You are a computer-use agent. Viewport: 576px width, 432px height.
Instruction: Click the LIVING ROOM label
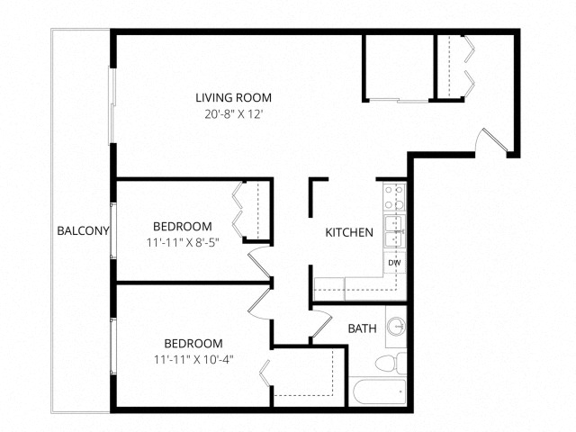point(234,98)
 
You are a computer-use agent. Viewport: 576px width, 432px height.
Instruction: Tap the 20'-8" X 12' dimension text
point(234,114)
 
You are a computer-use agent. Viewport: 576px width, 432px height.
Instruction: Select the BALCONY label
point(83,230)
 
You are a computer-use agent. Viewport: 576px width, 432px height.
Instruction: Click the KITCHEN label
point(349,232)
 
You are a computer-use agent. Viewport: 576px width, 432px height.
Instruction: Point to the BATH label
point(362,328)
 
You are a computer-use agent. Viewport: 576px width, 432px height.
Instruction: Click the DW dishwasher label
point(394,263)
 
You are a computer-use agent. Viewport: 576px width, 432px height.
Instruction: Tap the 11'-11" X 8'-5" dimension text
point(183,242)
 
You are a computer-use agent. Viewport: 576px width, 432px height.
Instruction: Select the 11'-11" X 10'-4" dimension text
point(193,359)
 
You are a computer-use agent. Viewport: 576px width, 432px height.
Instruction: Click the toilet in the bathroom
point(391,363)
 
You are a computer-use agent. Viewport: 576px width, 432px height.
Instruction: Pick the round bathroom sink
point(396,326)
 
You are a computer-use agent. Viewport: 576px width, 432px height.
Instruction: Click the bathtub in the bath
point(378,391)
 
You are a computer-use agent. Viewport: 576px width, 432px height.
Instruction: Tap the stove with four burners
point(394,198)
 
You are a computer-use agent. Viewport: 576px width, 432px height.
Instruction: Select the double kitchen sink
point(395,231)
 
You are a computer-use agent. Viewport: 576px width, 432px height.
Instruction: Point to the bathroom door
point(322,323)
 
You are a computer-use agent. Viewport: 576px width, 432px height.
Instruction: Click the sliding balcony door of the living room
point(112,105)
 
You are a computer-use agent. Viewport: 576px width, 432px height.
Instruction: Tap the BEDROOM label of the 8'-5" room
point(182,226)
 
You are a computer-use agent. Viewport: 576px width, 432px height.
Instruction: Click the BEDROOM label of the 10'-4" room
point(193,343)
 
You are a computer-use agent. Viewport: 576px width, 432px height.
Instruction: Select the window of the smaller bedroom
point(113,230)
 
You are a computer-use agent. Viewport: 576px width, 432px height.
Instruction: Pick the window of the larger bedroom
point(113,346)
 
